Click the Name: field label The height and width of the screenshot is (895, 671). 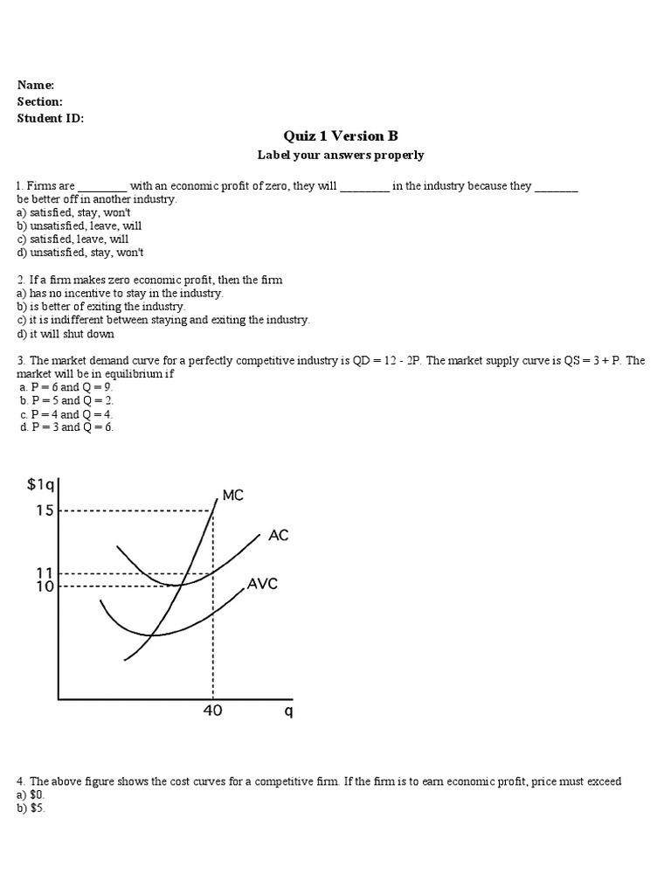coord(36,85)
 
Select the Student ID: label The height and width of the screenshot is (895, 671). coord(50,119)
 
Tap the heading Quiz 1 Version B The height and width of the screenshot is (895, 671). coord(340,136)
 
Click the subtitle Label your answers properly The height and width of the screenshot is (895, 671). coord(340,156)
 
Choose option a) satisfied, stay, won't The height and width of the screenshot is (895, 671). coord(73,212)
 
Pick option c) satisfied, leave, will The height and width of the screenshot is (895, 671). coord(73,239)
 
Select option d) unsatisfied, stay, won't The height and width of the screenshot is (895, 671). coord(80,253)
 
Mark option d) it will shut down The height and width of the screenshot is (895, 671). coord(66,334)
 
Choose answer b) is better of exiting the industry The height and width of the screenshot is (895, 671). coord(100,307)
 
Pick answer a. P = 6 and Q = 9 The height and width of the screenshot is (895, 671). coord(66,387)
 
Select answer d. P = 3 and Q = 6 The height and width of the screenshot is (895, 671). coord(66,427)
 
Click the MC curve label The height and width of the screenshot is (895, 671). coord(233,496)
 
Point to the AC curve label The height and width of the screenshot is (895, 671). coord(279,536)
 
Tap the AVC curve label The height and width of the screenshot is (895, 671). coord(262,584)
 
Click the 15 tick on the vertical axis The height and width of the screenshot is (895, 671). coord(45,510)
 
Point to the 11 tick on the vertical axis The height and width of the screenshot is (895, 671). coord(45,572)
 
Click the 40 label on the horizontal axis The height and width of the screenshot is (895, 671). coord(212,711)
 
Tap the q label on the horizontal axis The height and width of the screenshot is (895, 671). coord(288,711)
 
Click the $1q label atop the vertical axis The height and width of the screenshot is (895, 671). coord(41,486)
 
